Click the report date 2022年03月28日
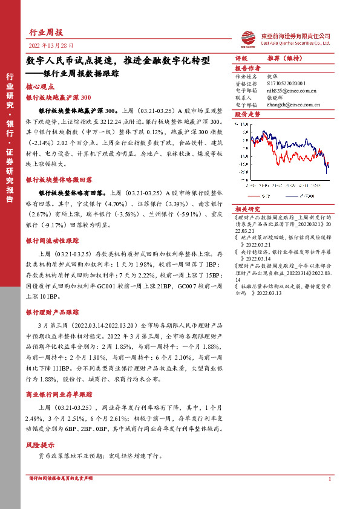pos(51,45)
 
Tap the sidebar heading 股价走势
pos(247,113)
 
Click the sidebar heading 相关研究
pos(247,208)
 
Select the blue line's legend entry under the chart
pos(296,195)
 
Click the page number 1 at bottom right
pos(329,479)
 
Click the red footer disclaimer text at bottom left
pos(61,478)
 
